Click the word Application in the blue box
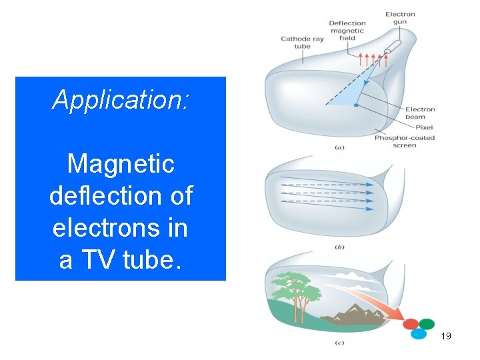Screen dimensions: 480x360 (120, 100)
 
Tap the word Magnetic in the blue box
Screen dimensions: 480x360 (121, 163)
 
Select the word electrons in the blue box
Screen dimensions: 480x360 (120, 228)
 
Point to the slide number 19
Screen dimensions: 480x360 (446, 336)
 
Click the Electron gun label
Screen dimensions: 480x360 (400, 18)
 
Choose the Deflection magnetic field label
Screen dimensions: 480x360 (347, 31)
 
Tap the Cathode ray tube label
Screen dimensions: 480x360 (302, 43)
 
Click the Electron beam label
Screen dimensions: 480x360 (420, 113)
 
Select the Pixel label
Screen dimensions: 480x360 (424, 127)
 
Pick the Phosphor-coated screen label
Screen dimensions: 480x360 (405, 141)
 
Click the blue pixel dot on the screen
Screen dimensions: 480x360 (356, 105)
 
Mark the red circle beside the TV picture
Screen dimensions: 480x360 (411, 324)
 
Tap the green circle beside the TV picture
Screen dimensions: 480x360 (426, 323)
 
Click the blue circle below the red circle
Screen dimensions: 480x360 (419, 334)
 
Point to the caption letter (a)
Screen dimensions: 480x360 (339, 147)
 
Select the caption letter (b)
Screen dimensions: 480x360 (339, 247)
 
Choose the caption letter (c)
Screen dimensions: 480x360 (339, 343)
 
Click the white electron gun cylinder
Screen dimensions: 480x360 (392, 49)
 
